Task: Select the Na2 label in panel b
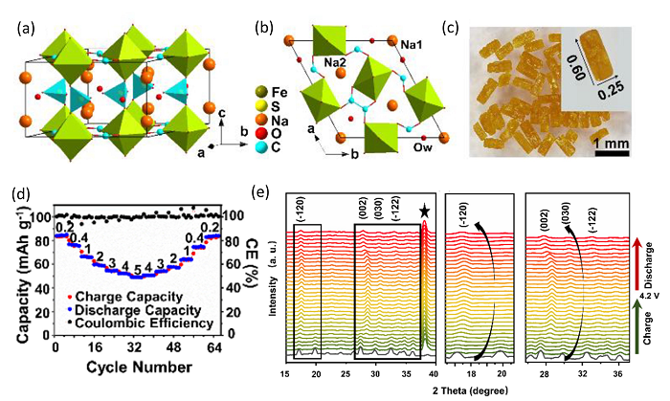[x=335, y=63]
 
